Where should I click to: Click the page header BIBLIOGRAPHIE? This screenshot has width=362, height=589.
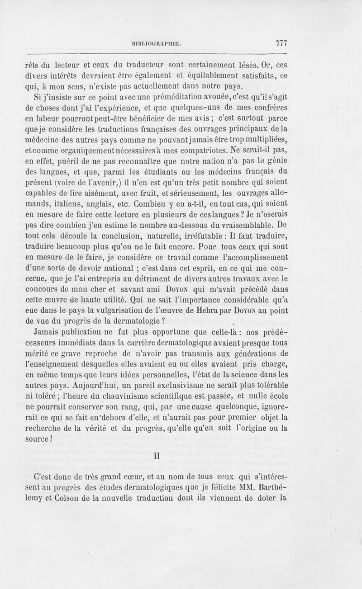pos(157,43)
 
